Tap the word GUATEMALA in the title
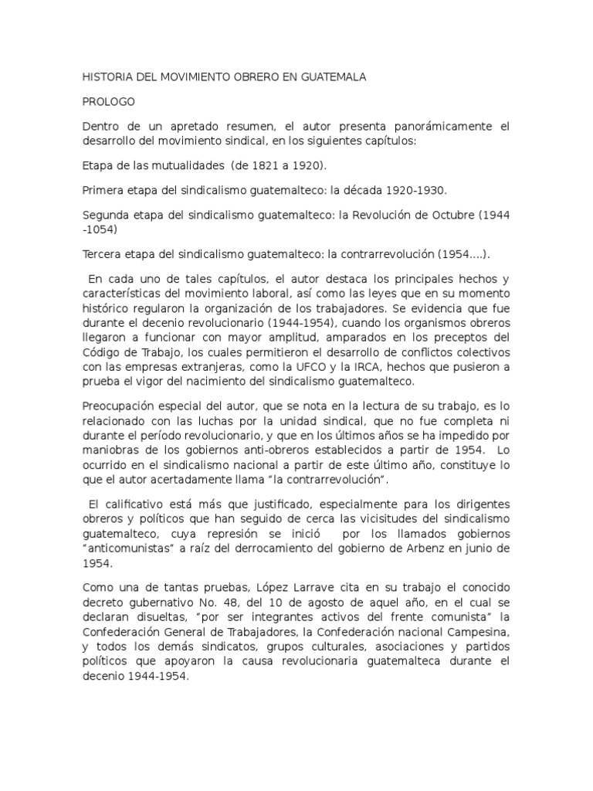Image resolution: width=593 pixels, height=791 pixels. coord(328,78)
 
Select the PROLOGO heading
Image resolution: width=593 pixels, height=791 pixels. coord(108,101)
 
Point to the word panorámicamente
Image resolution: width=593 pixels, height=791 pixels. coord(423,125)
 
